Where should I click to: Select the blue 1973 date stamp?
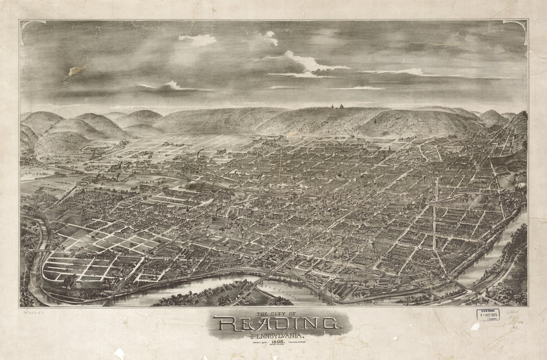(x=488, y=315)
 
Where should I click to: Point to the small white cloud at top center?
(x=271, y=37)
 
